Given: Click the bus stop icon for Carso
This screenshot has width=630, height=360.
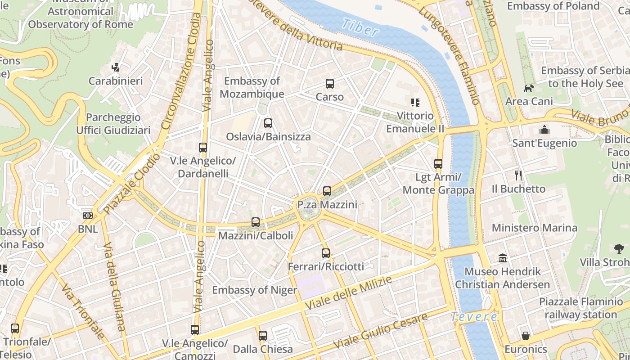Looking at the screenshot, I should click(x=330, y=84).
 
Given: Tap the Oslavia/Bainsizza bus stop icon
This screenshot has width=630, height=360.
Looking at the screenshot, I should click(x=268, y=123).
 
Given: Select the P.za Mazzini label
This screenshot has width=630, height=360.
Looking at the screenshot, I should click(x=327, y=205).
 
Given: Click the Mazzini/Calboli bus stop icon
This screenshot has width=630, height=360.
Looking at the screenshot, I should click(x=256, y=222).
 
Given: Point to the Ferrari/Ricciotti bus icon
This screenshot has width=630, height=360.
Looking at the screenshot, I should click(x=326, y=253).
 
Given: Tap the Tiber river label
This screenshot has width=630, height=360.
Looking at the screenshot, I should click(x=360, y=28).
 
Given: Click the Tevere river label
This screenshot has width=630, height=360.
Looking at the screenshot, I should click(x=474, y=316).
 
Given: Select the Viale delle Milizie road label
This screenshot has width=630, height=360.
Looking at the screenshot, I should click(x=349, y=292).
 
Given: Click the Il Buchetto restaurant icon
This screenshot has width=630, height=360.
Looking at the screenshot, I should click(x=518, y=175).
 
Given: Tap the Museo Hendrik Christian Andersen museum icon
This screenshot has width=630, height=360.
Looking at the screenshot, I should click(x=503, y=258).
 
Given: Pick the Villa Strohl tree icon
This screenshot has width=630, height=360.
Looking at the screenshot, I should click(x=619, y=248).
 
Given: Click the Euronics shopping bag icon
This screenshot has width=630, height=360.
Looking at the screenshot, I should click(x=526, y=336).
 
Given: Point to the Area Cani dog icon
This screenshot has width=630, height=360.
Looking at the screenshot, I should click(x=529, y=88).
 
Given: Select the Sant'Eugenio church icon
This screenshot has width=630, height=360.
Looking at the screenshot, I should click(x=544, y=130).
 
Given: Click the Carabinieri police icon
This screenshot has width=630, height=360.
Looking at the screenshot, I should click(x=116, y=67).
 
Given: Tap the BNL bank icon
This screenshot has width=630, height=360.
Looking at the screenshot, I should click(x=88, y=216).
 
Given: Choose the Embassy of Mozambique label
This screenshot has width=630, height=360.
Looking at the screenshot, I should click(x=252, y=87).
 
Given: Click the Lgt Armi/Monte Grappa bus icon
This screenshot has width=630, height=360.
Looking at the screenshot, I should click(x=438, y=164).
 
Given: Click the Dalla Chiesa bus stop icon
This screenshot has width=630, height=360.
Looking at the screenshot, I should click(x=263, y=336).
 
